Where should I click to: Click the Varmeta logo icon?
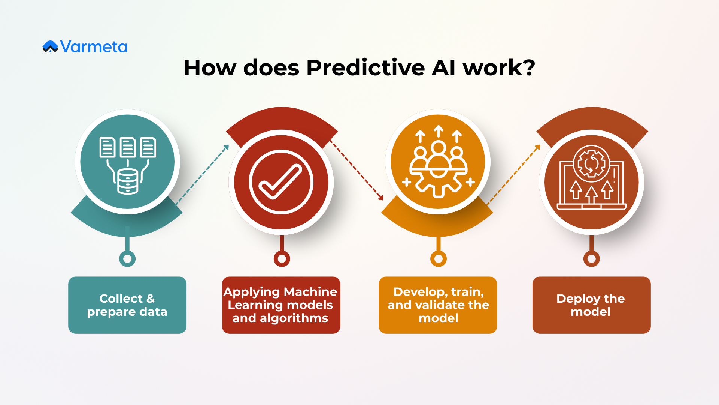pos(50,46)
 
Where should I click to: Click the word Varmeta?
pos(94,47)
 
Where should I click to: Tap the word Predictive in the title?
pos(365,68)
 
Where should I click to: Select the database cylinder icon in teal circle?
pos(128,181)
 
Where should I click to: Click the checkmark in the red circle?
pos(281,182)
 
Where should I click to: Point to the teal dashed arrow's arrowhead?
pos(227,147)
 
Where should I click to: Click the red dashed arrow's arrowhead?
pos(381,198)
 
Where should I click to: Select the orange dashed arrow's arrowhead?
pos(538,147)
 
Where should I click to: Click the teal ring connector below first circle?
pos(127,259)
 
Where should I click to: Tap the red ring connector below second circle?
pos(282,259)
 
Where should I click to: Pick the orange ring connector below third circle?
pos(438,259)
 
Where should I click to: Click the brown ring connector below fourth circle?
pos(591,259)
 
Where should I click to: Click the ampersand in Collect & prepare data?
pos(151,298)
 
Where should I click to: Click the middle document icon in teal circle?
pos(128,147)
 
